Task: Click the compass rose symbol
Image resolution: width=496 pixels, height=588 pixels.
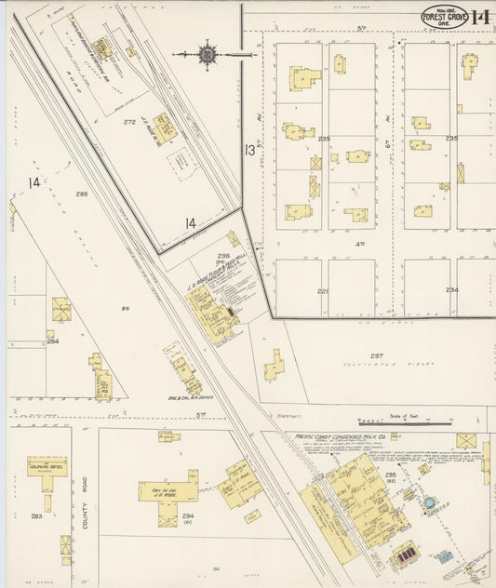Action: pyautogui.click(x=207, y=55)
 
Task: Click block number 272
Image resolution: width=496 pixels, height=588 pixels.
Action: pyautogui.click(x=130, y=122)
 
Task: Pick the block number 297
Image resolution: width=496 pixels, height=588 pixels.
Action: pyautogui.click(x=376, y=356)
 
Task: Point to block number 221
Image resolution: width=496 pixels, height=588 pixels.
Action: pyautogui.click(x=323, y=291)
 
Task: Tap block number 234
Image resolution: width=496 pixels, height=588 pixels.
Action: pyautogui.click(x=451, y=290)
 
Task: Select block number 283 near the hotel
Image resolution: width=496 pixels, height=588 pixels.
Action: pyautogui.click(x=36, y=515)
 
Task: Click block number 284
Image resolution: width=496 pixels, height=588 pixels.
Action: pyautogui.click(x=53, y=341)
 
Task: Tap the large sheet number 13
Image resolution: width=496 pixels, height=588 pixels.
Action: pyautogui.click(x=248, y=150)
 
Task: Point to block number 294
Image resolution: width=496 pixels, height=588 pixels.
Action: pyautogui.click(x=187, y=515)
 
